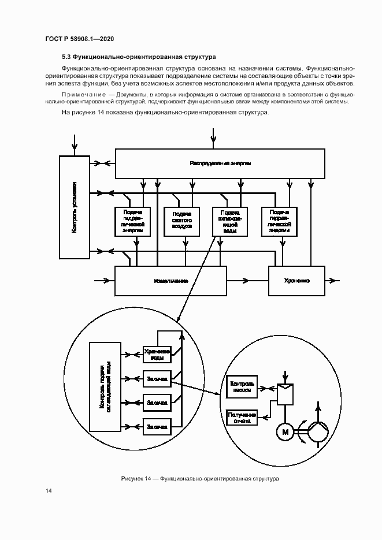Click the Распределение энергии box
(220, 163)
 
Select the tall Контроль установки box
(75, 206)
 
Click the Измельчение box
(170, 280)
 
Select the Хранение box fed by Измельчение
(296, 280)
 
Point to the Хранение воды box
(157, 354)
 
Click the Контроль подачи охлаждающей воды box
(105, 386)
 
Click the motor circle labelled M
(284, 431)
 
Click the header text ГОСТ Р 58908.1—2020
(79, 38)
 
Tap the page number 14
(49, 491)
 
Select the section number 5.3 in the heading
(66, 57)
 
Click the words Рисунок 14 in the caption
(136, 479)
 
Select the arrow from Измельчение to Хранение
(247, 280)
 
